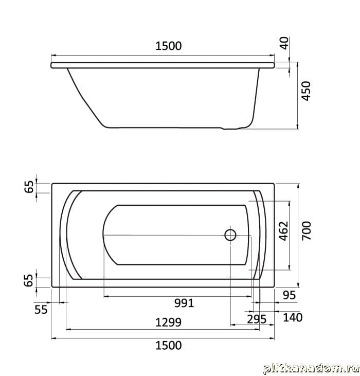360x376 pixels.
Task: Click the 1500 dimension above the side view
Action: pos(169,46)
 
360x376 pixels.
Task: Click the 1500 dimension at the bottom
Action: pos(169,346)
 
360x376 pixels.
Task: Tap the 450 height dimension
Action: pos(306,91)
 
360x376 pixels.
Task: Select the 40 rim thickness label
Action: pos(284,43)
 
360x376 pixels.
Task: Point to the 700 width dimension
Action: pos(307,230)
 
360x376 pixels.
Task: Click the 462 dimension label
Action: pos(283,231)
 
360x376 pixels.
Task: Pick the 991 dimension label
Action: pos(184,303)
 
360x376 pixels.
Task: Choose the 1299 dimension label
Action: pos(168,323)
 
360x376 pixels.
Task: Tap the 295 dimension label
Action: pos(257,319)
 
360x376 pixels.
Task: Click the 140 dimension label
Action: pos(293,318)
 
